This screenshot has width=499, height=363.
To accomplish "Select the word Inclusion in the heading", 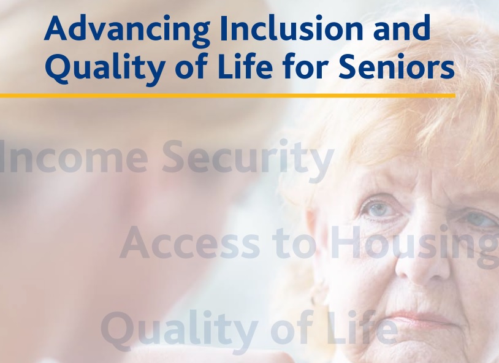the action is pos(291,29).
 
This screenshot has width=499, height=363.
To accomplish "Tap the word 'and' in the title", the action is pos(402,29).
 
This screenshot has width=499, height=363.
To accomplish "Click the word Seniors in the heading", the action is pos(397,67).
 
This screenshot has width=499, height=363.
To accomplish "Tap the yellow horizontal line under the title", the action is pos(227,95).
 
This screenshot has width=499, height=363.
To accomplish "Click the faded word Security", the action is pos(248,160).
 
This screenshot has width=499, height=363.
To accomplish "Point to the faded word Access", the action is pos(189,243).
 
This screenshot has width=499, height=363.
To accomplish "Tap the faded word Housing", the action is pos(413,246).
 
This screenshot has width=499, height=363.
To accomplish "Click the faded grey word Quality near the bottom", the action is pos(180,331).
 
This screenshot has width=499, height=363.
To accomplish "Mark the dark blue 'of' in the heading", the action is pos(191,67).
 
